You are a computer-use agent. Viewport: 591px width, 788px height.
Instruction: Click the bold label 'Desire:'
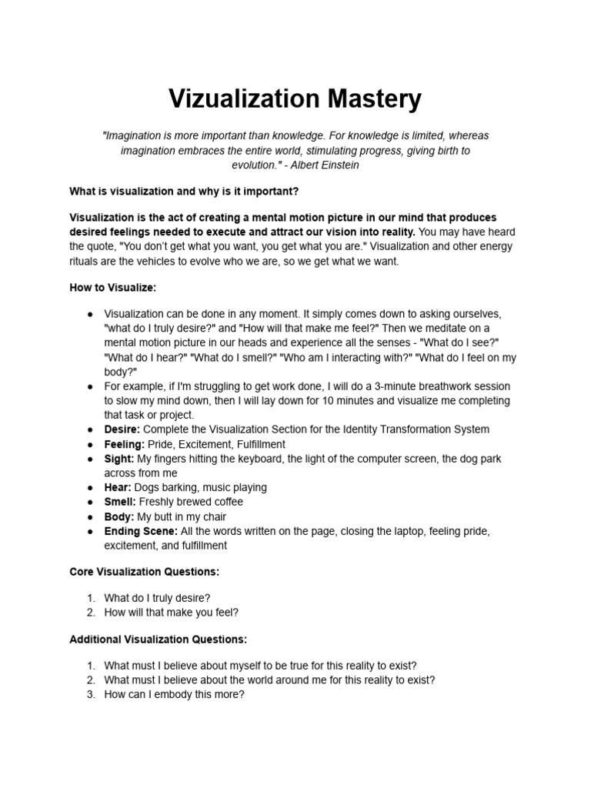(122, 429)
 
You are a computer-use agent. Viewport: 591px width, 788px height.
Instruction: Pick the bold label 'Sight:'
(119, 459)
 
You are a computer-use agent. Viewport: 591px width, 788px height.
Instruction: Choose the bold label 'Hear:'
(118, 488)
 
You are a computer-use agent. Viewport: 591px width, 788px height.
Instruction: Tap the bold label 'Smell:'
(120, 503)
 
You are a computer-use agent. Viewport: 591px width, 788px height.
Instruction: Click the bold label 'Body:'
(119, 517)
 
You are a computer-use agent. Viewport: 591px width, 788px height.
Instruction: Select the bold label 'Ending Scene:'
(141, 531)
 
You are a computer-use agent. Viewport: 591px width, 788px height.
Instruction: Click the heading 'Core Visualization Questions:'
(144, 572)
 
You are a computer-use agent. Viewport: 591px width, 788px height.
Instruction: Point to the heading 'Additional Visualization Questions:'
(158, 639)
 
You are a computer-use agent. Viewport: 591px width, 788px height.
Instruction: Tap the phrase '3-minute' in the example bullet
(374, 386)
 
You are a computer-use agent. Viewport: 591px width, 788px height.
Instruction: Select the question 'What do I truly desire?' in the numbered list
(157, 598)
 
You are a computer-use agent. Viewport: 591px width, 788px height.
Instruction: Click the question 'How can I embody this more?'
(174, 694)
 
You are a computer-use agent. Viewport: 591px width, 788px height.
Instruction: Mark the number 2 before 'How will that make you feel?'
(90, 613)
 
